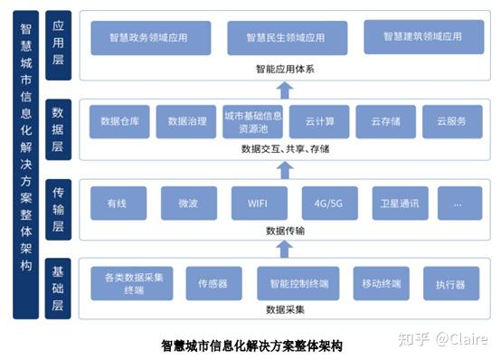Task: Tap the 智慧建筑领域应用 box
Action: (x=421, y=37)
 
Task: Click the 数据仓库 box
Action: (x=119, y=121)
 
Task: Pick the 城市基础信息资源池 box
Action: (x=252, y=121)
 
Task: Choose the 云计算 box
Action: (x=320, y=121)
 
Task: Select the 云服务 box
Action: (x=451, y=121)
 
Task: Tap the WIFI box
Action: (x=260, y=204)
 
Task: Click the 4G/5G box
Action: (x=329, y=204)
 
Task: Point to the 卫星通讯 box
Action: (x=399, y=204)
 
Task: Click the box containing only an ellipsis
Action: (x=458, y=204)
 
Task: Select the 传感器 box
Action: (x=213, y=284)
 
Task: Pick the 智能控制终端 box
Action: (x=298, y=284)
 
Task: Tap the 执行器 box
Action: (x=449, y=284)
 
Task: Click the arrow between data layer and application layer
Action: (x=285, y=89)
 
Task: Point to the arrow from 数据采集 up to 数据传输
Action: (x=285, y=248)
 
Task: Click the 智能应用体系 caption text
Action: (x=285, y=68)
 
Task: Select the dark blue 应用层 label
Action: (x=58, y=44)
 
